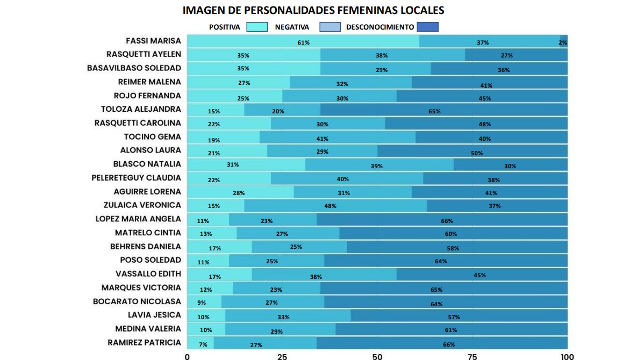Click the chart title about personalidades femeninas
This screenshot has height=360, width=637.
[313, 10]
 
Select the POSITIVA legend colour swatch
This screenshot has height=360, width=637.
[256, 27]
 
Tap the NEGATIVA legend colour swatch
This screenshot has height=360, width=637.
[330, 27]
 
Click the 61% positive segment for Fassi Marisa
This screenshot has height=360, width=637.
[303, 41]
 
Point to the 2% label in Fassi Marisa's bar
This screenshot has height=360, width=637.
[563, 42]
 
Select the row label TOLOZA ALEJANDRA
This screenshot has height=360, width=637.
[141, 109]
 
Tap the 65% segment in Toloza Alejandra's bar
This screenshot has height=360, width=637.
[434, 110]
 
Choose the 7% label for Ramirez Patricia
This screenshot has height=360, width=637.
[203, 344]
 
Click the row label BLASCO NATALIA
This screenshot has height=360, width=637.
[147, 164]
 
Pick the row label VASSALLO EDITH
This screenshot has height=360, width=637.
[148, 273]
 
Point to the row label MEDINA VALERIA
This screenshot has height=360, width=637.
[148, 328]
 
